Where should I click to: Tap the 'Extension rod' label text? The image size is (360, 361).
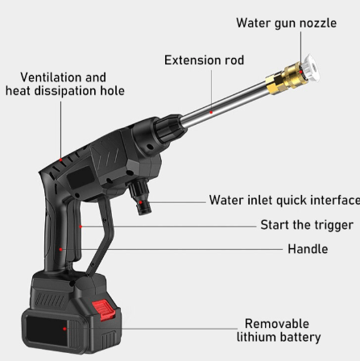tap(204, 60)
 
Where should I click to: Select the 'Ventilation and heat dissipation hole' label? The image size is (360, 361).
tap(64, 84)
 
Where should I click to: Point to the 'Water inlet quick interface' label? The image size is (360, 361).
tap(283, 201)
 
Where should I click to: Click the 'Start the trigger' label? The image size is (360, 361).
tap(306, 225)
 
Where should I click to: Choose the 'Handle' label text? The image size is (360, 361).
tap(308, 249)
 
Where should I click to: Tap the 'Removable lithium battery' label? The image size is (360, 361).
tap(279, 330)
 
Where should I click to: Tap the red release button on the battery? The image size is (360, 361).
tap(103, 309)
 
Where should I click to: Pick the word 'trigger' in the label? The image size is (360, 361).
tap(330, 225)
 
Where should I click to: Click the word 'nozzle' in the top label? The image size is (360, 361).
tap(317, 23)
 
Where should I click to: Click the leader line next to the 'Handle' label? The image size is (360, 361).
tap(201, 249)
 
